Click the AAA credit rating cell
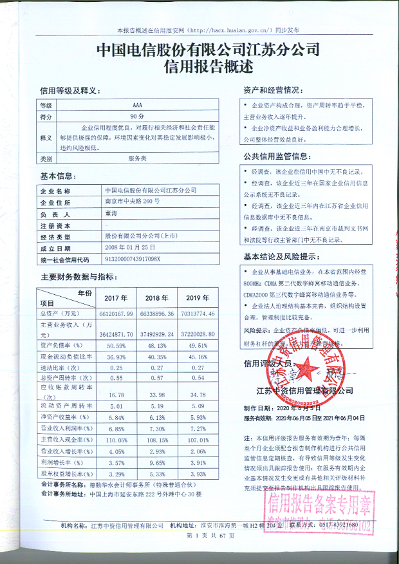coord(136,104)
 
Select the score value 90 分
coord(136,117)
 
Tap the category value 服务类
coord(138,158)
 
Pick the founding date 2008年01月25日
coord(130,247)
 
